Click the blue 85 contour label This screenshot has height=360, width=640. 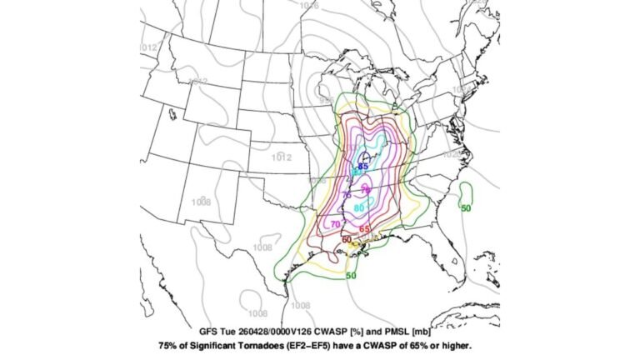point(362,167)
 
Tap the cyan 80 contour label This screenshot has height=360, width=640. point(358,207)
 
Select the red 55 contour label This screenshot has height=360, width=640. point(364,229)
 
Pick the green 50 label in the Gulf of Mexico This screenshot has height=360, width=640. point(351,275)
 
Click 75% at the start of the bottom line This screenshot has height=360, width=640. point(169,342)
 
